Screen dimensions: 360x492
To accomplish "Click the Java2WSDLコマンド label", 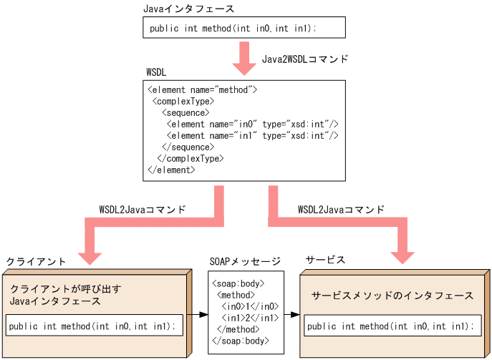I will (304, 59).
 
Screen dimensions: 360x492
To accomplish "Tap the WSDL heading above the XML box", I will (157, 73).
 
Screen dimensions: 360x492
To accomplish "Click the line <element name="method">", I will (202, 90).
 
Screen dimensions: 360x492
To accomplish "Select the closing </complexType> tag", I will (190, 159).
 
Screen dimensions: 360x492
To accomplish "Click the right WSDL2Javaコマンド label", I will (340, 210).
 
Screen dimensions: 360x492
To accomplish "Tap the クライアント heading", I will (36, 262).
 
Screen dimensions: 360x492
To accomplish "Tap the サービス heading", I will (325, 260).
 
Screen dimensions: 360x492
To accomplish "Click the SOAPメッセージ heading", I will (244, 261).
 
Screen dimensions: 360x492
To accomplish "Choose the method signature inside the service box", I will (389, 326).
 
